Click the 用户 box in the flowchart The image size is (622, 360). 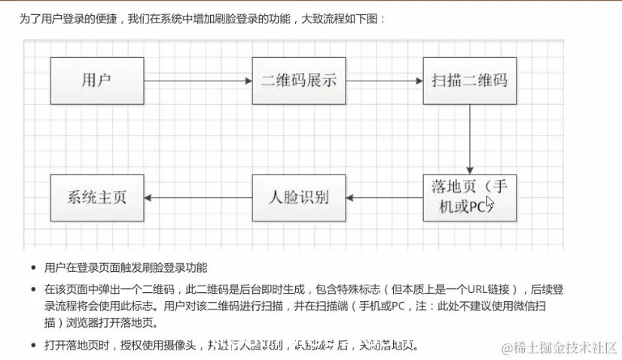pyautogui.click(x=96, y=80)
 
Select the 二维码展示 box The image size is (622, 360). pyautogui.click(x=298, y=80)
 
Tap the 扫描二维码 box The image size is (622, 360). pyautogui.click(x=470, y=80)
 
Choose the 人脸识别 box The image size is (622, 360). pyautogui.click(x=298, y=197)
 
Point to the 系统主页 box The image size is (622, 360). pyautogui.click(x=96, y=197)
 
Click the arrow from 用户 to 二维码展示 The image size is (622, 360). pyautogui.click(x=197, y=80)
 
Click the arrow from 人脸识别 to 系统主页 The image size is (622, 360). pyautogui.click(x=197, y=197)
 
